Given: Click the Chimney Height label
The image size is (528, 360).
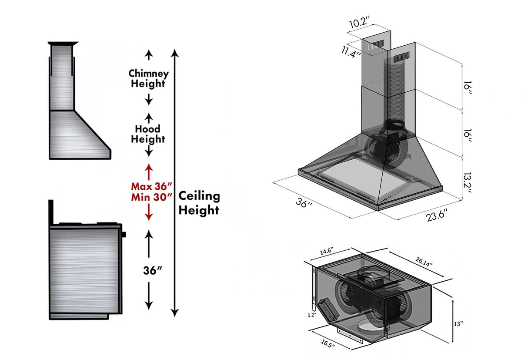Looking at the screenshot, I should [148, 79].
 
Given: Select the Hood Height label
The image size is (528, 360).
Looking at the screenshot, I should [148, 134].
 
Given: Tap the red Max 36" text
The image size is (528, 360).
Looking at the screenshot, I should [147, 186].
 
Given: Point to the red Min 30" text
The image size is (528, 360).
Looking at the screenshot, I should [147, 197].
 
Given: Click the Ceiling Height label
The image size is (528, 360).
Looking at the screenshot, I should [199, 203].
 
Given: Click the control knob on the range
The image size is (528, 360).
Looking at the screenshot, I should [124, 234].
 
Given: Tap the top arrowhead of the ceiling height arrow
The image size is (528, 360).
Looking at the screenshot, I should [174, 53].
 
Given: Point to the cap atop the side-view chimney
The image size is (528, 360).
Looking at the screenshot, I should [63, 44].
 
